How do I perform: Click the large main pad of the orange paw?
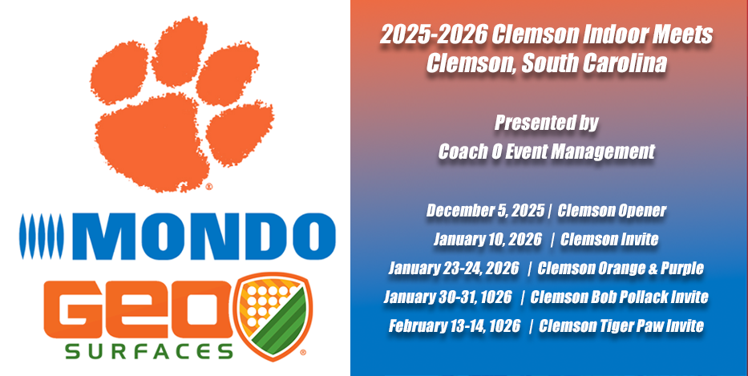152,141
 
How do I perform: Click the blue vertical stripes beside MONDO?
42,237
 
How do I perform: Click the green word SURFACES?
149,352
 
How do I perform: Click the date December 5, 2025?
485,210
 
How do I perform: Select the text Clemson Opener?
612,210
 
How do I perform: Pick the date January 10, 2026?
487,239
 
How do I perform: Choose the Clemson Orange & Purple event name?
621,268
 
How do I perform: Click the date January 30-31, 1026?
447,297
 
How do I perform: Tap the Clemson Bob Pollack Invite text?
619,297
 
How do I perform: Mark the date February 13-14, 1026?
454,326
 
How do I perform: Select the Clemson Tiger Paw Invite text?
621,326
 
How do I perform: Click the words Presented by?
546,123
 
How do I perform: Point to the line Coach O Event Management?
546,152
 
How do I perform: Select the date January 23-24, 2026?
454,268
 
